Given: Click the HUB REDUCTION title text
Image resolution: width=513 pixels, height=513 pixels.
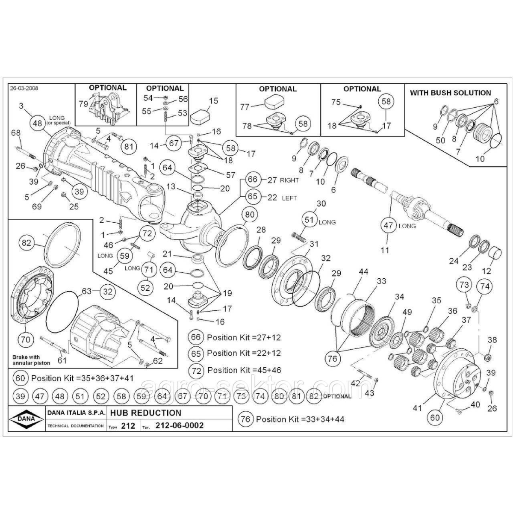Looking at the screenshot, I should coord(146,413).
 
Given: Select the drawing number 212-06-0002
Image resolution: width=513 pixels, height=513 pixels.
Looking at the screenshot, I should coord(179,425).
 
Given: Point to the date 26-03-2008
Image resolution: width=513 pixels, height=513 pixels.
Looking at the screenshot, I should coord(24,88).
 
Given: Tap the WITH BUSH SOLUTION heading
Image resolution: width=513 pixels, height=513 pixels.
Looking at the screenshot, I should coord(451,92).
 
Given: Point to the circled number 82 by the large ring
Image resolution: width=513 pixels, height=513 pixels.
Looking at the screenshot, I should coord(27,243).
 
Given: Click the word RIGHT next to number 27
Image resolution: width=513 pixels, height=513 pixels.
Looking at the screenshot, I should coord(289,180).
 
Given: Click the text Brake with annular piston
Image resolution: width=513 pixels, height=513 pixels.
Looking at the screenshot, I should coord(31,360).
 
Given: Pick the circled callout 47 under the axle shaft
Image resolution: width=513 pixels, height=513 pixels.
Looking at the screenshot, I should coord(388,226).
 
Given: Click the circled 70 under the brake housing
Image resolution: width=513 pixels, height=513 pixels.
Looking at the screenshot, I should coord(26,340).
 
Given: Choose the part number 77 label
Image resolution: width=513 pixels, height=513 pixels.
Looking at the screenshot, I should coord(244,107).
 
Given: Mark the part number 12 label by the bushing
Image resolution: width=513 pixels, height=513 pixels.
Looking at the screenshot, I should coord(486,271).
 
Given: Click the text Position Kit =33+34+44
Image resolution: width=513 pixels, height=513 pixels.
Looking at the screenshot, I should coord(300,419).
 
